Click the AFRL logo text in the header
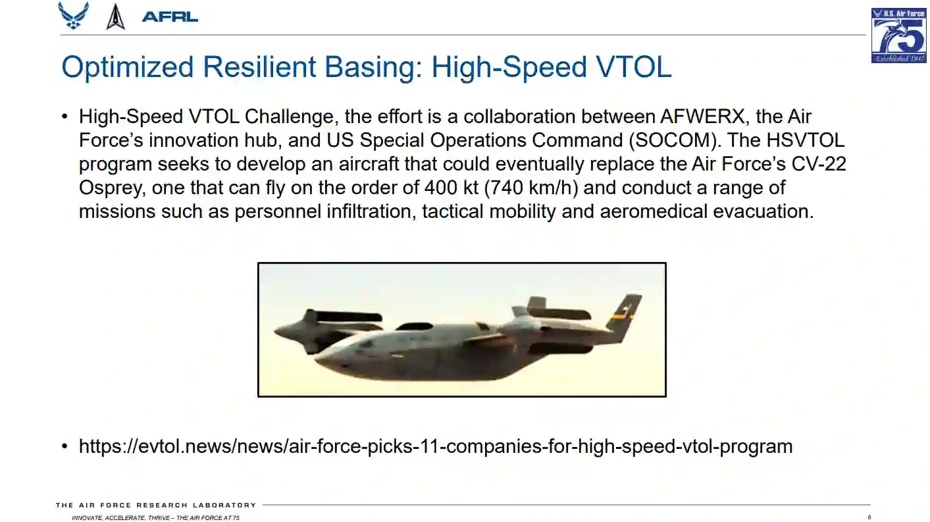click(x=170, y=17)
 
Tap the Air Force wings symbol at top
click(x=74, y=15)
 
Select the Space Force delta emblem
click(x=115, y=17)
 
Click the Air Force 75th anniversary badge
click(x=898, y=36)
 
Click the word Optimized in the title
click(x=128, y=67)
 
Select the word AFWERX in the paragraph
click(x=702, y=117)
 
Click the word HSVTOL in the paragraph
click(x=805, y=140)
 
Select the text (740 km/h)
click(x=531, y=188)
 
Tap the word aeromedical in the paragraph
click(x=654, y=211)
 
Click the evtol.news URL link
click(x=436, y=447)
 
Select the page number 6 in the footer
click(x=869, y=517)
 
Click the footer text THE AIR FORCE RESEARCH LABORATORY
click(x=156, y=506)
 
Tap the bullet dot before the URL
click(x=65, y=446)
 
